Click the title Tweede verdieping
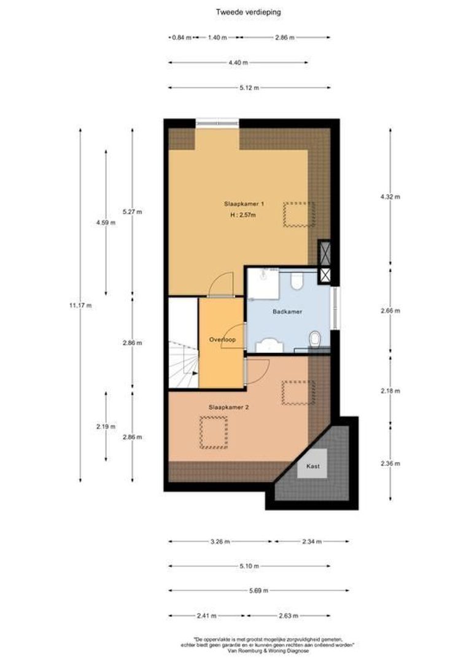click(x=239, y=11)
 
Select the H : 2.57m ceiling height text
click(x=239, y=215)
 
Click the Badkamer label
click(x=287, y=312)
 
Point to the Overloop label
click(x=222, y=339)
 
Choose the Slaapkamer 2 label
click(x=228, y=406)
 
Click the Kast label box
click(x=312, y=466)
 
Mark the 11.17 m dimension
click(x=80, y=305)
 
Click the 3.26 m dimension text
click(x=220, y=542)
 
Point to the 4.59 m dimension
click(x=106, y=223)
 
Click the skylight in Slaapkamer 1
click(x=299, y=215)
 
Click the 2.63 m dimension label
click(x=301, y=615)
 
